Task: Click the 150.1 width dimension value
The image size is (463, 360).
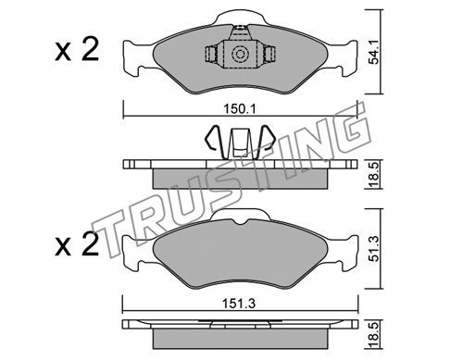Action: point(240,109)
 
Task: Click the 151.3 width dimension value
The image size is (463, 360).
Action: point(240,304)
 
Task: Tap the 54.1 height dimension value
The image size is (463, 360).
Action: point(374,53)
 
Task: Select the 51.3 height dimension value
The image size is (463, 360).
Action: point(374,249)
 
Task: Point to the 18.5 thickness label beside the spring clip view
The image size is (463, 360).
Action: point(374,175)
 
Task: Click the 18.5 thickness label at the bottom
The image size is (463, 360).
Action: point(374,335)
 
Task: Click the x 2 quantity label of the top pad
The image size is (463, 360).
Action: point(77,49)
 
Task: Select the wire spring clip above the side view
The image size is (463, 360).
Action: point(239,142)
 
